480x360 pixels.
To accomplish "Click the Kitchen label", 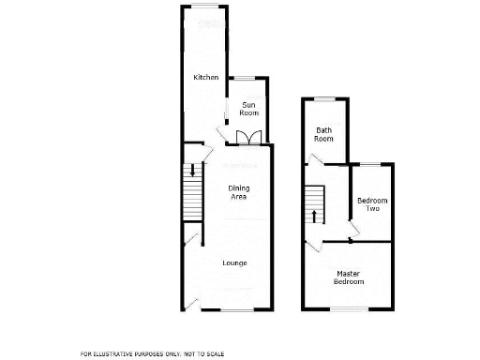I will click(205, 77).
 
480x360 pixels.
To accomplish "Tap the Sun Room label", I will click(248, 108).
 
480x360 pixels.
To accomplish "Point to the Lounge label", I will click(234, 262).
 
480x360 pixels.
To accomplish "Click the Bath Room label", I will click(324, 134).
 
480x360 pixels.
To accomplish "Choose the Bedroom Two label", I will click(372, 204).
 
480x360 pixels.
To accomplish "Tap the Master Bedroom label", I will click(350, 277).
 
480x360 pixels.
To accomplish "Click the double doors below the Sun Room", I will click(247, 139).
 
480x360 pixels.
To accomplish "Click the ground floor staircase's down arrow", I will click(192, 172).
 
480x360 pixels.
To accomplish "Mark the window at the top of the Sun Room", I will click(246, 78).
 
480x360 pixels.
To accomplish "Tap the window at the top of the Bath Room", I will click(324, 98).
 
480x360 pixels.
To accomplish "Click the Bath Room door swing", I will click(318, 161).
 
